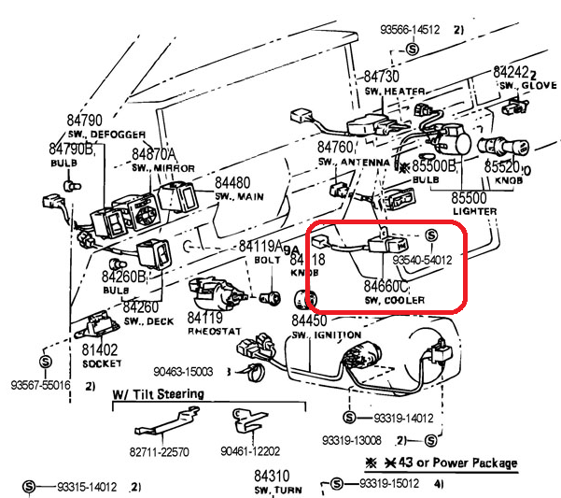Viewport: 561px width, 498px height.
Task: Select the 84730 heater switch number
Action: (382, 77)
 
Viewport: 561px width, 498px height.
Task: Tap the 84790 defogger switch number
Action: (84, 121)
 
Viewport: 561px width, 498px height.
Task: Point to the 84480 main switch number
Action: (232, 183)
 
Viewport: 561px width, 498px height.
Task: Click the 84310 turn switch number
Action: (275, 476)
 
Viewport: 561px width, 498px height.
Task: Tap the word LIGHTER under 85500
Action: (473, 212)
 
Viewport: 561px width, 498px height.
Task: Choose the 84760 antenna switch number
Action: (335, 148)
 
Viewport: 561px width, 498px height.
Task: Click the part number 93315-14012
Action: (86, 487)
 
